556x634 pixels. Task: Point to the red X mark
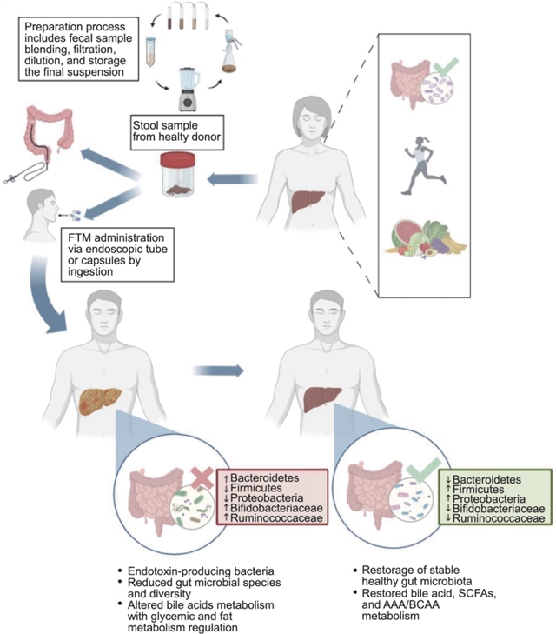[x=198, y=476]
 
